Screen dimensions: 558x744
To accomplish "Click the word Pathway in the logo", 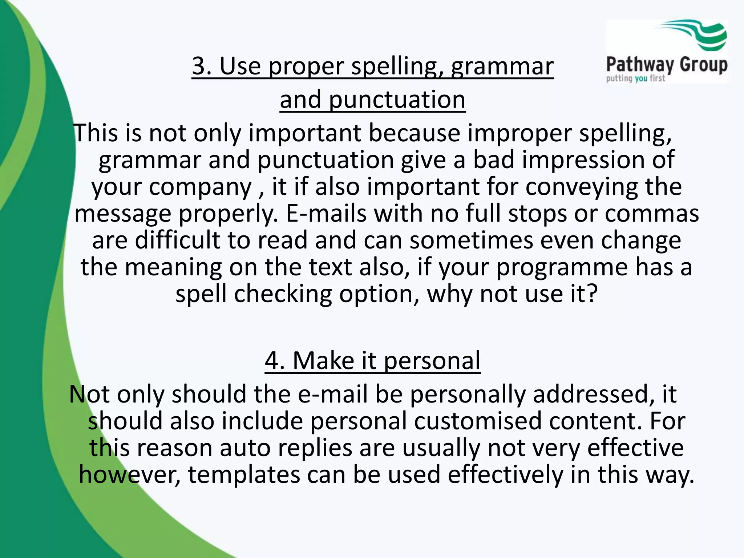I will point(640,65).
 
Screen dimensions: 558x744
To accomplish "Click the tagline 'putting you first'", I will point(635,78).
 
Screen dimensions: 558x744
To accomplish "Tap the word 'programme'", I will point(562,267).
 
